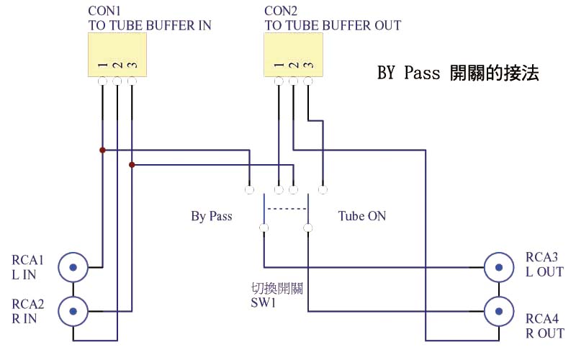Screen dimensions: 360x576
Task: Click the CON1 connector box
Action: coord(117,55)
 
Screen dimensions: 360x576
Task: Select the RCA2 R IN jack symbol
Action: coord(73,311)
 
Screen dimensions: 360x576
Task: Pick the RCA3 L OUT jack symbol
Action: coord(498,266)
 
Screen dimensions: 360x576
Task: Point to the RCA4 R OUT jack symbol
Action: coord(498,311)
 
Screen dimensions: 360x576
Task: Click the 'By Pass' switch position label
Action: coord(212,216)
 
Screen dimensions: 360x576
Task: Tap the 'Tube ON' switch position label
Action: coord(361,216)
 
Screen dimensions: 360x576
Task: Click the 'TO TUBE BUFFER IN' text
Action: coord(149,26)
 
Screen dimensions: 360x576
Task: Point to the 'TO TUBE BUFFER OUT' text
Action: coord(333,26)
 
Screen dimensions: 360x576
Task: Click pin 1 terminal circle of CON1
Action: coord(102,81)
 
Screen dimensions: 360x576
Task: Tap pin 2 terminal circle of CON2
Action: coord(293,81)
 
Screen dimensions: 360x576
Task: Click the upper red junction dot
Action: coord(102,150)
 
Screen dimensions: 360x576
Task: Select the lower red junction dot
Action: coord(131,165)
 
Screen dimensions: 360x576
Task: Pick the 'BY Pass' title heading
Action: coord(458,73)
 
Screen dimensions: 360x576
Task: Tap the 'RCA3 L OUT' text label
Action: coord(544,264)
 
